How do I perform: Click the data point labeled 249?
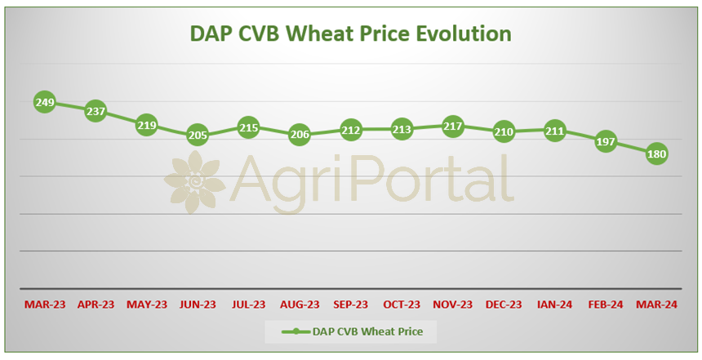[x=45, y=103]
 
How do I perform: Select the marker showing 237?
[x=96, y=111]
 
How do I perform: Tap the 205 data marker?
[x=198, y=135]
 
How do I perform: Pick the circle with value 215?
[x=248, y=127]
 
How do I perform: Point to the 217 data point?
[x=453, y=127]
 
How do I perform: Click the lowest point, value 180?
[x=657, y=153]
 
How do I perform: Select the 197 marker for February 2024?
[x=606, y=141]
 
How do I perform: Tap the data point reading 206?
[x=300, y=134]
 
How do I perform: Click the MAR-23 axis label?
[x=45, y=304]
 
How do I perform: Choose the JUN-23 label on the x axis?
[x=198, y=304]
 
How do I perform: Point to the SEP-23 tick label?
[x=350, y=304]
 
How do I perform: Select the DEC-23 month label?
[x=504, y=304]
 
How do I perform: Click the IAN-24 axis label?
[x=555, y=304]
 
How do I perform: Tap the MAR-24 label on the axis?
[x=657, y=304]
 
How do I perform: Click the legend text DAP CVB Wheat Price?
[x=367, y=331]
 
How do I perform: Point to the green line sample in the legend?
[x=295, y=331]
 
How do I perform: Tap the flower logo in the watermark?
[x=195, y=181]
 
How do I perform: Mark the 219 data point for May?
[x=146, y=126]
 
